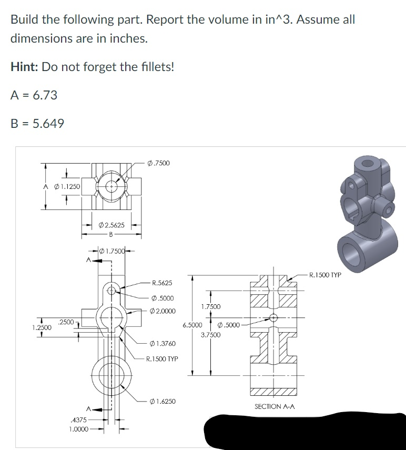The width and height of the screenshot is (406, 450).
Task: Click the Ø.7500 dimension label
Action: (159, 163)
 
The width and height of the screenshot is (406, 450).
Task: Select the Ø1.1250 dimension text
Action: (65, 186)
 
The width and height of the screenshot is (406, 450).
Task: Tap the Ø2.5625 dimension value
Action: (111, 225)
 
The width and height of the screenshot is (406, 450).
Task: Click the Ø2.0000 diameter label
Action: (164, 311)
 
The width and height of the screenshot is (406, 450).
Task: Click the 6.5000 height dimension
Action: (192, 325)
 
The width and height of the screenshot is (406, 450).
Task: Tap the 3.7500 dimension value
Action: (211, 334)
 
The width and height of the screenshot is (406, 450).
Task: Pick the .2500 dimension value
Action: (66, 321)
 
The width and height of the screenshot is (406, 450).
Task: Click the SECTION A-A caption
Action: (275, 406)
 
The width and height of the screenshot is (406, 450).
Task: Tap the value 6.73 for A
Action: (44, 95)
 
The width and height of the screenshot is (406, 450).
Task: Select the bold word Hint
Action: (24, 67)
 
